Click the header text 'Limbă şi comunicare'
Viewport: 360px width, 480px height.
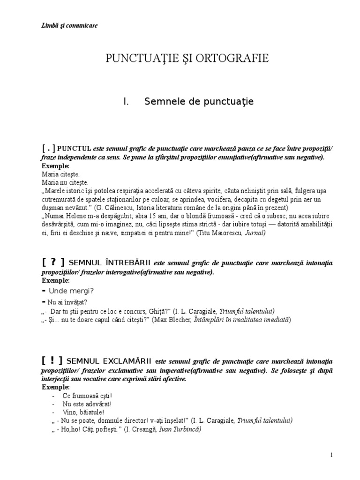tap(69, 25)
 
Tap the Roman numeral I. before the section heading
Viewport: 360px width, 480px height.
tap(126, 101)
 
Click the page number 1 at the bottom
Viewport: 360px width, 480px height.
tap(331, 455)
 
